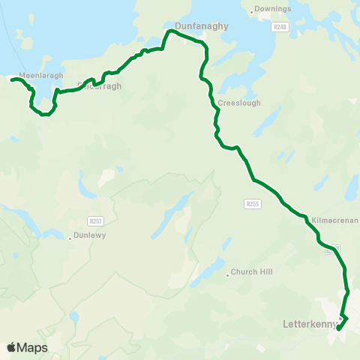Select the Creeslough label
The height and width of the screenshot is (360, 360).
[x=240, y=103]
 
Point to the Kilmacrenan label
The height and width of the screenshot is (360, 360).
[x=331, y=211]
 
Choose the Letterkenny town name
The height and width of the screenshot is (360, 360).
[x=307, y=325]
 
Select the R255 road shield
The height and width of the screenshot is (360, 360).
[x=252, y=202]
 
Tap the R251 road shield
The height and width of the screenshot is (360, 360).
[x=94, y=220]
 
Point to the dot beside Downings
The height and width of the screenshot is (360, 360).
[x=251, y=13]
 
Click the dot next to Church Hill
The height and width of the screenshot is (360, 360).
[x=227, y=275]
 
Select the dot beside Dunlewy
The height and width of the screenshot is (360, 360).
[x=70, y=238]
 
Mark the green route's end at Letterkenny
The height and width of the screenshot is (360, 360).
[x=338, y=328]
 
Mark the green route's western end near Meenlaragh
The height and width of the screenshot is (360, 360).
[x=13, y=78]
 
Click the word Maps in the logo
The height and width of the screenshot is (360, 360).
[x=32, y=347]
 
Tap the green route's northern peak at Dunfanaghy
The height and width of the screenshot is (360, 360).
[x=171, y=31]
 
